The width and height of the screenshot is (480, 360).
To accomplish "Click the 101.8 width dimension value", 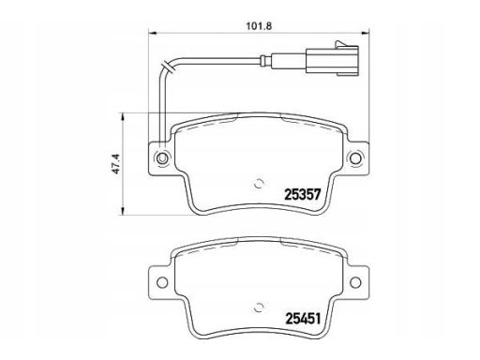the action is pyautogui.click(x=259, y=26).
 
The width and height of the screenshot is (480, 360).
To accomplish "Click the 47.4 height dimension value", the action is pyautogui.click(x=116, y=164).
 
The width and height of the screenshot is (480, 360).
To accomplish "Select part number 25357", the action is pyautogui.click(x=303, y=195).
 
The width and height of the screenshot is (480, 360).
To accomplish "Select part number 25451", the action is pyautogui.click(x=303, y=319).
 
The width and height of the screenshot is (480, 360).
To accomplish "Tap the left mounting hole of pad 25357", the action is pyautogui.click(x=162, y=158).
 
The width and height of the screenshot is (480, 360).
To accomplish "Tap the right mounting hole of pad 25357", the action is pyautogui.click(x=355, y=158).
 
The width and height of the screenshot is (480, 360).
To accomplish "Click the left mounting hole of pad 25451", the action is pyautogui.click(x=162, y=282).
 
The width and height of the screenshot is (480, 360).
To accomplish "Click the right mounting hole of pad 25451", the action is pyautogui.click(x=355, y=282).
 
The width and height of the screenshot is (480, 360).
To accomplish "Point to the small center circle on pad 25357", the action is pyautogui.click(x=259, y=185).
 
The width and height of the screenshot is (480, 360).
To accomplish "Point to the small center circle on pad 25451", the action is pyautogui.click(x=259, y=308).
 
